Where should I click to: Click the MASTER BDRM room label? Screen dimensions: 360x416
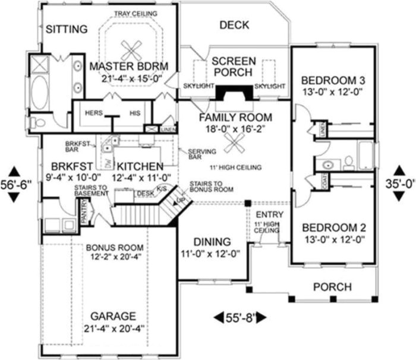click(129, 65)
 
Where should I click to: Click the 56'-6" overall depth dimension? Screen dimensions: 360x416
click(15, 185)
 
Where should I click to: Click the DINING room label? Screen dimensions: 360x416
click(212, 242)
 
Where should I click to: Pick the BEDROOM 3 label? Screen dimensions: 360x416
click(333, 81)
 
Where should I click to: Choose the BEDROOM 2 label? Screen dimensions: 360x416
click(333, 228)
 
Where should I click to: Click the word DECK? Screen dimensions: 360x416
click(234, 25)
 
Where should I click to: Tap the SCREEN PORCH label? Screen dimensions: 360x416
click(234, 67)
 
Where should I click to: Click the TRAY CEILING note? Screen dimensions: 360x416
click(135, 13)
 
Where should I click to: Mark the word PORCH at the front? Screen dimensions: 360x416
click(332, 287)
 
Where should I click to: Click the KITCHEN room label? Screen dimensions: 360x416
click(140, 166)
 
